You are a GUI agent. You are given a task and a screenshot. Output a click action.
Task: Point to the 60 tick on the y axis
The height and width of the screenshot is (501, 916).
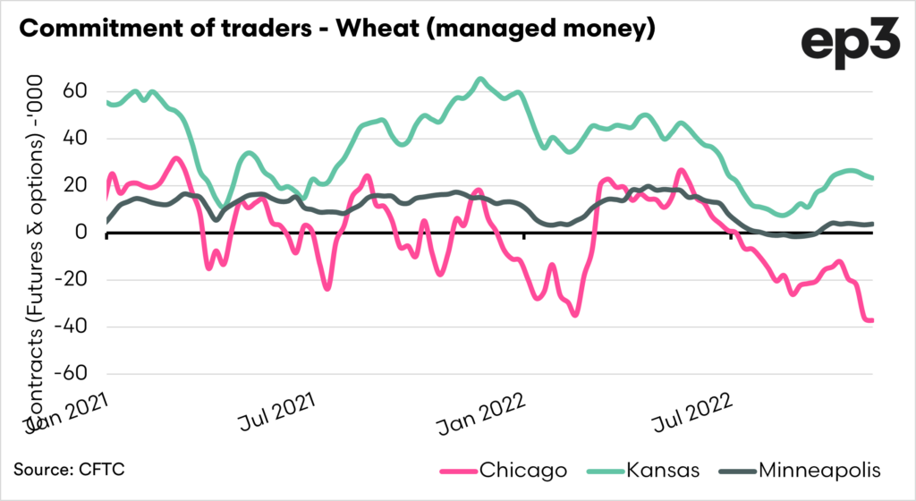(x=73, y=92)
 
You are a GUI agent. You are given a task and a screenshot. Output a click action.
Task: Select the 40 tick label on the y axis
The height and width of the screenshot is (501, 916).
(x=73, y=139)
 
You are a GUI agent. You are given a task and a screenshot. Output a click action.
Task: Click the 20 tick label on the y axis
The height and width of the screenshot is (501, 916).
(x=73, y=186)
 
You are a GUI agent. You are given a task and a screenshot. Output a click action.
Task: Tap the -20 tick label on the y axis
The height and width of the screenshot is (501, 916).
(x=70, y=280)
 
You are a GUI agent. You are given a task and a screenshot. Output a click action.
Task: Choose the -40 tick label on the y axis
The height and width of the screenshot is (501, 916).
(x=70, y=327)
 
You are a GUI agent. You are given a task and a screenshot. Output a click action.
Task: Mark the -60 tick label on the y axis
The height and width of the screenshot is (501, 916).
(x=70, y=374)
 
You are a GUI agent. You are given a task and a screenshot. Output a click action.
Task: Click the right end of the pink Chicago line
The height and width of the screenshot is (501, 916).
(x=872, y=320)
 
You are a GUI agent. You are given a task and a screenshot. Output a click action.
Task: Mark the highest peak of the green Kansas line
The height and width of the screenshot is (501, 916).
(x=480, y=79)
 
